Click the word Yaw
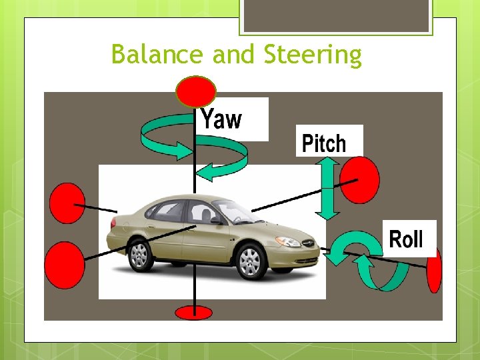coord(222,119)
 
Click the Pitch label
coord(325,143)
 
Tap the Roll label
coord(405,239)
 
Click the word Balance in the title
coord(159,55)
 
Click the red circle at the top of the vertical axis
coord(195,91)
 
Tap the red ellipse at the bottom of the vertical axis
coord(193,311)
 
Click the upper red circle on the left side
coord(67,203)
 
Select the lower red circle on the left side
coord(65,265)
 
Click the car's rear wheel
coord(139,254)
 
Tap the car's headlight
coord(288,241)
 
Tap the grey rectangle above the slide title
coord(336,15)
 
